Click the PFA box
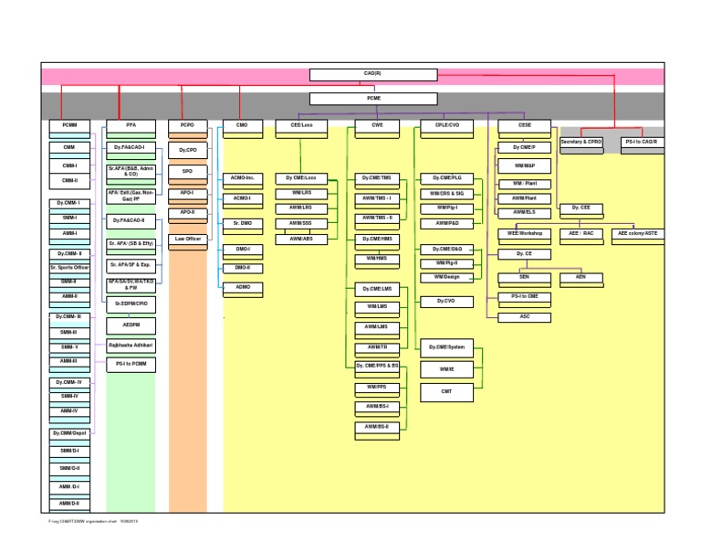click(x=131, y=125)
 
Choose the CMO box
click(x=242, y=125)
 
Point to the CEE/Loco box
click(x=301, y=125)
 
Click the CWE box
click(x=377, y=125)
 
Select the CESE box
click(x=524, y=125)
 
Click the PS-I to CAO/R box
click(x=642, y=143)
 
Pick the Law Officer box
click(x=187, y=239)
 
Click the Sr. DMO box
click(x=242, y=223)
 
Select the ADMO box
click(x=242, y=287)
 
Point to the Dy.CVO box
click(x=445, y=301)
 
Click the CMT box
click(x=445, y=392)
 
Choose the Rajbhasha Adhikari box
click(x=131, y=345)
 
